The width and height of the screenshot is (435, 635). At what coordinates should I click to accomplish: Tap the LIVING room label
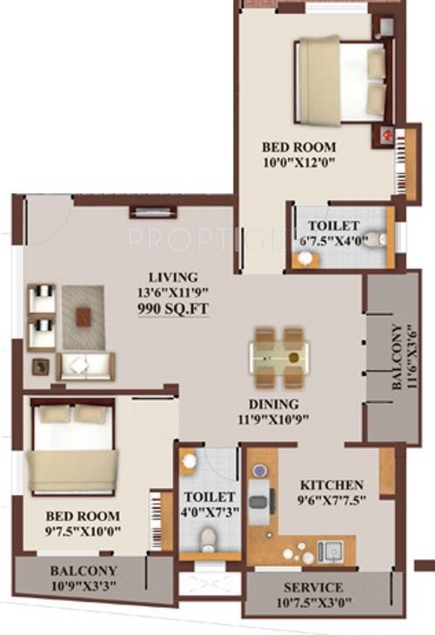tap(171, 277)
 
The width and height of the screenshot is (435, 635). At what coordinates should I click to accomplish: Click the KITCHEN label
tap(331, 485)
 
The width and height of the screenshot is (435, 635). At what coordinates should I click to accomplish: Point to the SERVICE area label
tap(312, 587)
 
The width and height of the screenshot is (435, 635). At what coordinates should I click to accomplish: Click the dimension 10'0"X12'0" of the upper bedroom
tap(298, 162)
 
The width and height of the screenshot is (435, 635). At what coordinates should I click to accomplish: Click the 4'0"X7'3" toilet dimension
tap(207, 513)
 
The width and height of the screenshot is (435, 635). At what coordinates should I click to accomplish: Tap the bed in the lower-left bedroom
tap(72, 448)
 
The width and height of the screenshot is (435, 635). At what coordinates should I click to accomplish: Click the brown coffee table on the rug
tap(84, 316)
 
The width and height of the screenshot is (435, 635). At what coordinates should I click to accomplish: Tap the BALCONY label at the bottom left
tap(83, 571)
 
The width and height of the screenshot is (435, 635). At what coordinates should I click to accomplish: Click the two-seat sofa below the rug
tap(84, 366)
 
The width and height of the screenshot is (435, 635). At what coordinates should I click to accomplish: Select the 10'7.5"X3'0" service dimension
tap(312, 601)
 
